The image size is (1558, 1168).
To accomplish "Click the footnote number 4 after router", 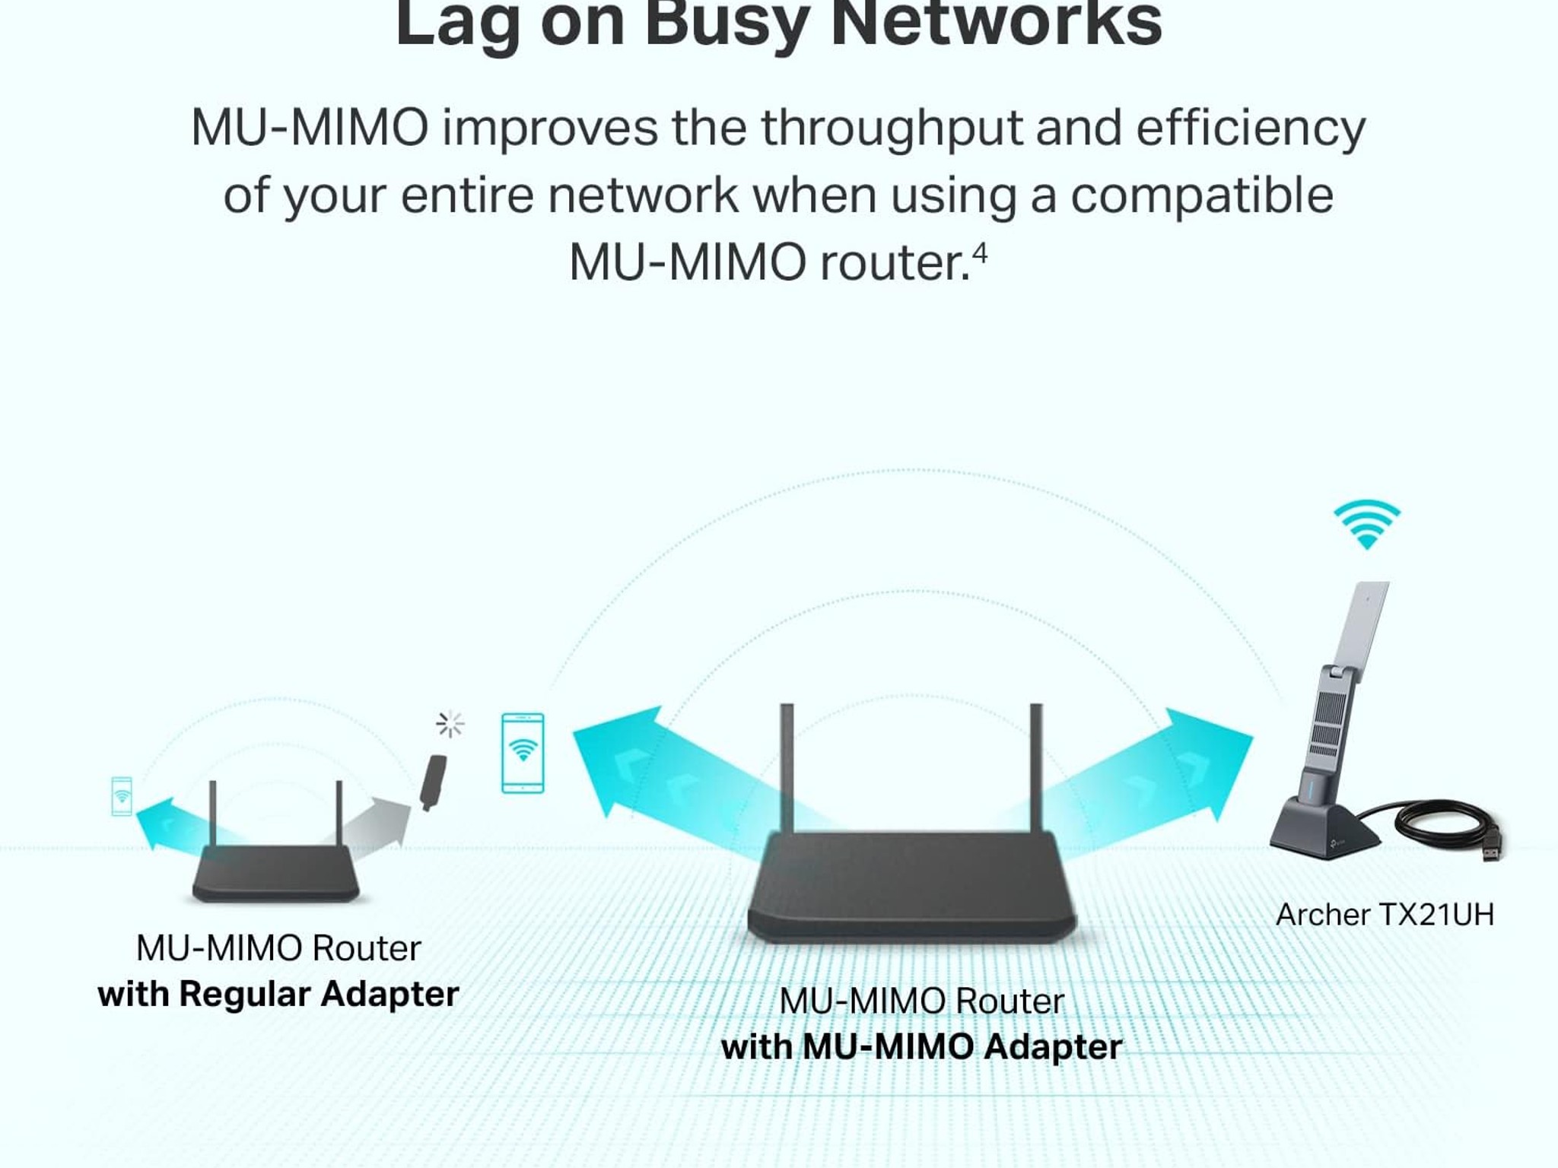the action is (980, 253).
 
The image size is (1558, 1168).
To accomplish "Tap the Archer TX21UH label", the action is (1385, 915).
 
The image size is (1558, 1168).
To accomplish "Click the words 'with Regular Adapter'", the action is (278, 995).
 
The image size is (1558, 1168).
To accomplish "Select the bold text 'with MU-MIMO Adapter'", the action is (921, 1047).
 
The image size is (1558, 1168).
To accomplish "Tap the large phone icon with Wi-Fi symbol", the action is (523, 753).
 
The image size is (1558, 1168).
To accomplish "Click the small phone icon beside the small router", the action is (122, 796).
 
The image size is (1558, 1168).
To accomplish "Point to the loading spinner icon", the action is (450, 724).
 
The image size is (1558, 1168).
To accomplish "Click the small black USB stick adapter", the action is (434, 782).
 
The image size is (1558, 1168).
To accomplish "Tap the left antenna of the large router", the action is (787, 768).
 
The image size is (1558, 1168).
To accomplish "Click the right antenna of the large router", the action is (1036, 768).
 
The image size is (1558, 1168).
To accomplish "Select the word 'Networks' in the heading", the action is (997, 23).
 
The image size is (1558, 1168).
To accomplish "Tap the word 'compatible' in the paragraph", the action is (1202, 196).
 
